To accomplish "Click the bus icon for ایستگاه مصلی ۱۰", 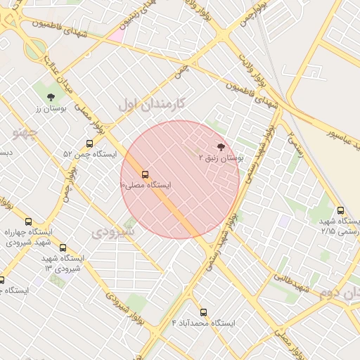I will pos(146,174).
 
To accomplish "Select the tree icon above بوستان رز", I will pos(50,98).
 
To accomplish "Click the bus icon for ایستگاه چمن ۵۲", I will pos(89,143).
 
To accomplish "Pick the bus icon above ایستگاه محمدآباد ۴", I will pos(204,311).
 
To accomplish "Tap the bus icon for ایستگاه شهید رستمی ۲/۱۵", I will pos(341,210).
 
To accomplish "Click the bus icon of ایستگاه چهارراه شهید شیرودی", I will pos(28,222).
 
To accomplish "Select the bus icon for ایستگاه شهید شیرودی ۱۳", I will pos(63,248).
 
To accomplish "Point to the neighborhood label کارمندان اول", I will pos(151,104).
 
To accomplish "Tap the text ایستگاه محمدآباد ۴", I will pos(204,323).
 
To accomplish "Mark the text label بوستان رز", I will pos(50,110).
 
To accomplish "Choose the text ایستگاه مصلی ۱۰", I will pos(145,185).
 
